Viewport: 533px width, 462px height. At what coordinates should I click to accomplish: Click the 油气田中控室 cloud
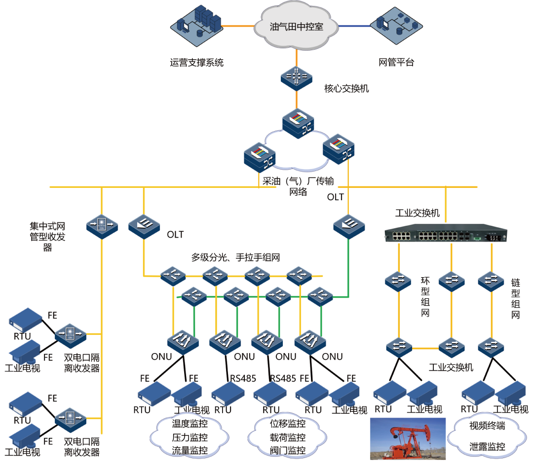(x=297, y=27)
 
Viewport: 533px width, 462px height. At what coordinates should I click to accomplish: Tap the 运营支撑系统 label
(x=197, y=63)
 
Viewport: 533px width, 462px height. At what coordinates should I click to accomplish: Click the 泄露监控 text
(x=487, y=447)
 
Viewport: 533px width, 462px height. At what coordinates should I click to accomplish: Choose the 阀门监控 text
(x=288, y=450)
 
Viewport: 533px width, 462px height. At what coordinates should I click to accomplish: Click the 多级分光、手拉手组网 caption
(x=236, y=257)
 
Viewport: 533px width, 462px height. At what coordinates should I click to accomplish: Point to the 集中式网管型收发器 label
(x=47, y=237)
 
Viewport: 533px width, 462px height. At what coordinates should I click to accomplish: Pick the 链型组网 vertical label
(x=516, y=298)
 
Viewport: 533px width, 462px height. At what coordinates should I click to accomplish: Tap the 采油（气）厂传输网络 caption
(x=298, y=186)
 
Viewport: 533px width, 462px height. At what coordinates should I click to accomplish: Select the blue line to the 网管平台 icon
(x=354, y=26)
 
